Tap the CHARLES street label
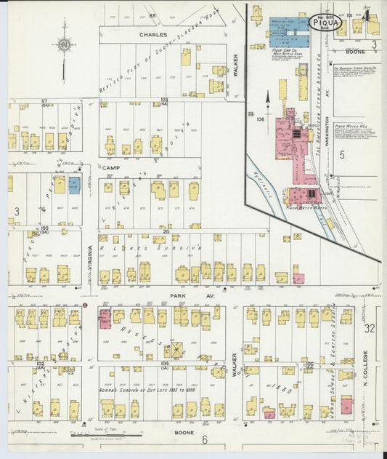153,34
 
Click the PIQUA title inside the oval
323,23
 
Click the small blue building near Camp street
74,185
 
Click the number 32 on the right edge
369,329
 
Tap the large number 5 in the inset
341,155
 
